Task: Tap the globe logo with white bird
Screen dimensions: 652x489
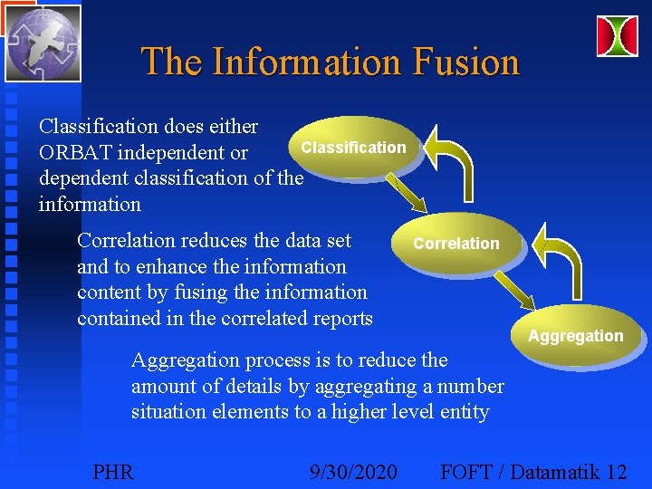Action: tap(43, 43)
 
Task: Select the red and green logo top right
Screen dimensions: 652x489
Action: tap(617, 35)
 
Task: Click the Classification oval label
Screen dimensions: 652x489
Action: tap(354, 147)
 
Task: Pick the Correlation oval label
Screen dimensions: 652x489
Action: tap(455, 243)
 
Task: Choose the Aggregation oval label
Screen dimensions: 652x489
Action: tap(576, 336)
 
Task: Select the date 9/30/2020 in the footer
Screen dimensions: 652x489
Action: tap(352, 472)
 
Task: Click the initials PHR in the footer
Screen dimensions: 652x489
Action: tap(113, 472)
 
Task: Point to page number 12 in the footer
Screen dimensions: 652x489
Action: tap(617, 472)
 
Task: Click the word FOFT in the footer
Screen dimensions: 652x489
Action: tap(467, 472)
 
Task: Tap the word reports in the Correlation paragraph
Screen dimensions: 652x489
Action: tap(340, 318)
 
